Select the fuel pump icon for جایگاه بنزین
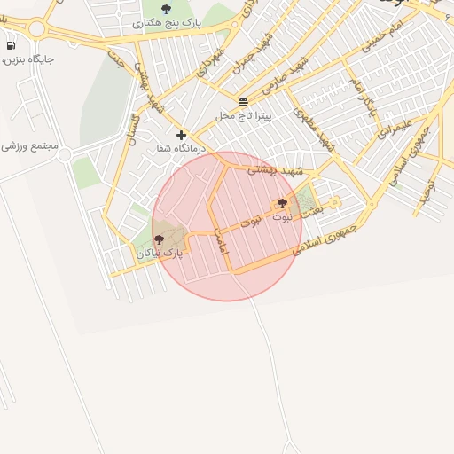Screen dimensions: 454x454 [x=11, y=45]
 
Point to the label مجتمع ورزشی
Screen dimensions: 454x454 [x=29, y=145]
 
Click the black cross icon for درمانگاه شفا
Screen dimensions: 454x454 [x=182, y=136]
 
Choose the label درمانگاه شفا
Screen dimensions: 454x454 [x=181, y=149]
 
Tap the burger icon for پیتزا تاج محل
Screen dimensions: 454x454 [x=244, y=102]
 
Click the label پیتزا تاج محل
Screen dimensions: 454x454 [x=244, y=116]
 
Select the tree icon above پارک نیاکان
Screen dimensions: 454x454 [x=160, y=239]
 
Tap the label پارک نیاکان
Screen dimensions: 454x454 [x=160, y=253]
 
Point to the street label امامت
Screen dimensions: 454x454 [x=221, y=240]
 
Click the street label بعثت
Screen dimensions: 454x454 [x=310, y=214]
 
